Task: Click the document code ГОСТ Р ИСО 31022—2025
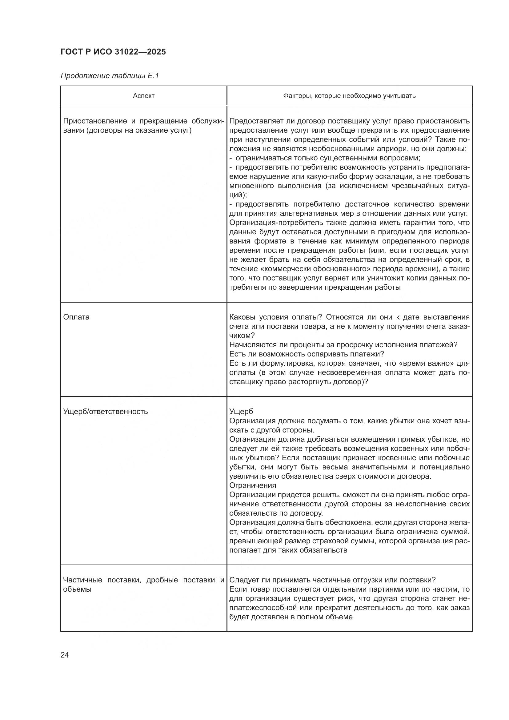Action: click(113, 52)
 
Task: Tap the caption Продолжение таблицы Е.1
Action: click(110, 76)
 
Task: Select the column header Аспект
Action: click(143, 96)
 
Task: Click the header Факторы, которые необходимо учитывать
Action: click(349, 96)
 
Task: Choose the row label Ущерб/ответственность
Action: click(105, 412)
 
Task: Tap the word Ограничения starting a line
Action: click(253, 485)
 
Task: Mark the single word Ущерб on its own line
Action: click(241, 412)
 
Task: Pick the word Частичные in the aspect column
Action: click(82, 580)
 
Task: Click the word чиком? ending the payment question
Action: click(242, 336)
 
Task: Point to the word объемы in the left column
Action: click(77, 589)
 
